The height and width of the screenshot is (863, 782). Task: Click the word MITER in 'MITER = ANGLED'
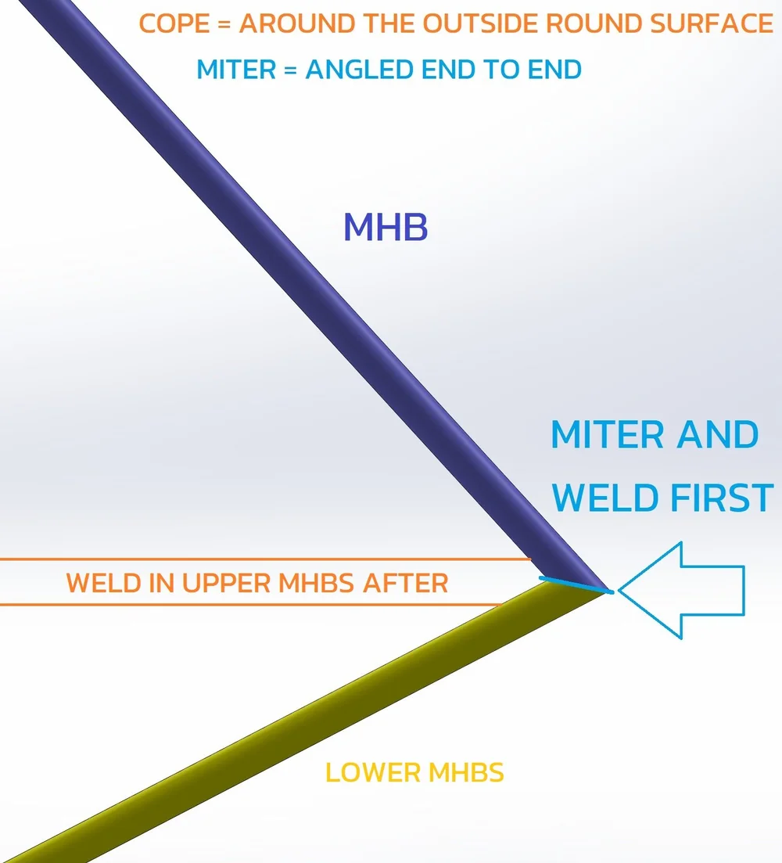[235, 69]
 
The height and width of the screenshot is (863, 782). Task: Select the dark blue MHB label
[386, 228]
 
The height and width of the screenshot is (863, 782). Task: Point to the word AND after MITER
[720, 435]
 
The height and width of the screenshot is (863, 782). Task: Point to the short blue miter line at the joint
[574, 584]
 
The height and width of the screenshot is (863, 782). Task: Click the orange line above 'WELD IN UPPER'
[266, 559]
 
